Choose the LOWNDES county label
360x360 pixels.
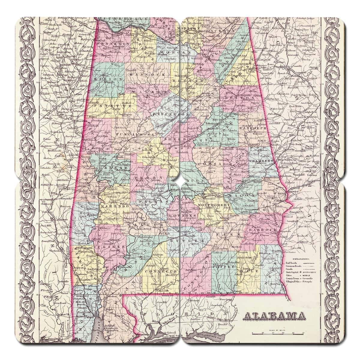[x=185, y=216]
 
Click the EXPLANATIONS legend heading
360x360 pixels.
[x=299, y=258]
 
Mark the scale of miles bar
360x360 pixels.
[x=278, y=333]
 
